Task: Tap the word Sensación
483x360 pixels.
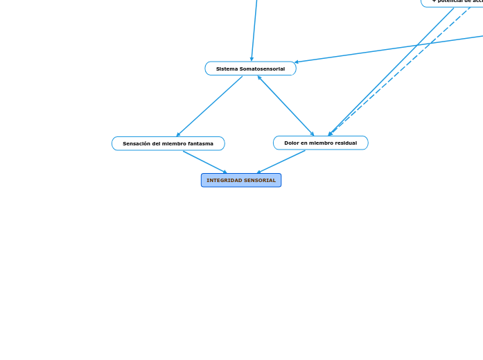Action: click(x=136, y=144)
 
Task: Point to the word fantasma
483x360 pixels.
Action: click(x=200, y=144)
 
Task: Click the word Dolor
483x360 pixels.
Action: click(x=291, y=143)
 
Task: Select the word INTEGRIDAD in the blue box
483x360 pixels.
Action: click(x=222, y=181)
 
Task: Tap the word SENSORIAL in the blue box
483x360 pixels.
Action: click(x=260, y=181)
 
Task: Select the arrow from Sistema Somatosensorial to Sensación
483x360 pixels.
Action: click(x=209, y=106)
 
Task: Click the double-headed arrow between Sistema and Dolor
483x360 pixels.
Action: click(x=286, y=106)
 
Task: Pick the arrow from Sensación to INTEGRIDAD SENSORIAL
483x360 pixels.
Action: click(x=205, y=162)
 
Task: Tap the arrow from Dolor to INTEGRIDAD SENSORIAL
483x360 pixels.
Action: click(x=281, y=162)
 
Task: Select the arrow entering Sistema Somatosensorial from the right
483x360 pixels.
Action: click(x=388, y=48)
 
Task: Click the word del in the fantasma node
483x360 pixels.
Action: click(x=155, y=144)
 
